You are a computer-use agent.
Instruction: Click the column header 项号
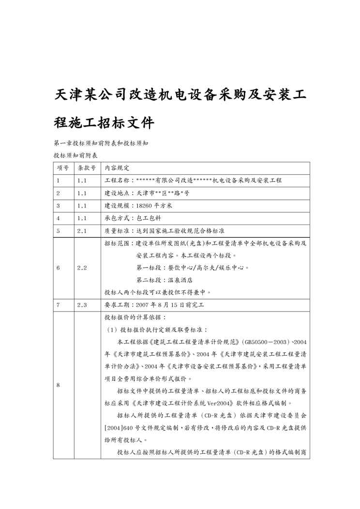click(63, 168)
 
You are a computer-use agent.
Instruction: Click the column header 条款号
click(87, 168)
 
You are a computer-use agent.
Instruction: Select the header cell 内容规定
click(118, 168)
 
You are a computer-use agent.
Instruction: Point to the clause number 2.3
click(82, 305)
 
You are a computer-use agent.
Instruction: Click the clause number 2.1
click(82, 231)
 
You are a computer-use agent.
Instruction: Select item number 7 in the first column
click(58, 305)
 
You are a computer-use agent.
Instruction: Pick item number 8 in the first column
click(58, 386)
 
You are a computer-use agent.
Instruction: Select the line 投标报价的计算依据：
click(135, 318)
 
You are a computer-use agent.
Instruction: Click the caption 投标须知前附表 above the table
click(75, 155)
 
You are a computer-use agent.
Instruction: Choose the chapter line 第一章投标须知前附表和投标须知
click(101, 143)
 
